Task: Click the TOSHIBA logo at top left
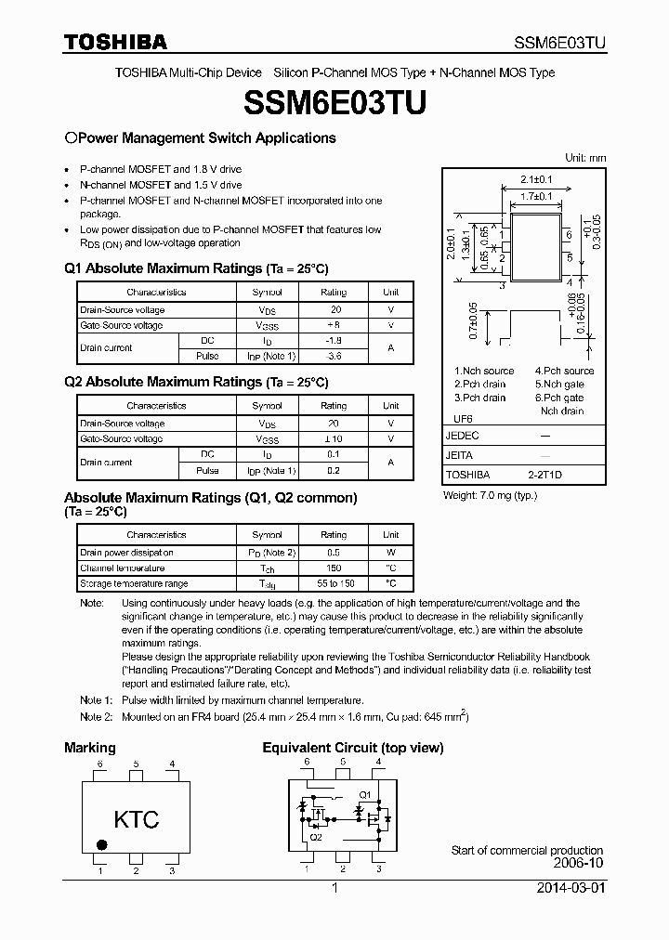point(116,42)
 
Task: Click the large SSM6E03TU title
point(334,103)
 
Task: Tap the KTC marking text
point(137,819)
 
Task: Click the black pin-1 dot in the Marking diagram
point(102,845)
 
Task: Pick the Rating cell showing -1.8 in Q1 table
point(334,341)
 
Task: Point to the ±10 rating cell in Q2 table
point(334,438)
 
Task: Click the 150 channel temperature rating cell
point(334,568)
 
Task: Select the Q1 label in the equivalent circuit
point(364,795)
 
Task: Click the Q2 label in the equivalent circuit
point(316,836)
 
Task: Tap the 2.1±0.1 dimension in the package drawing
point(536,179)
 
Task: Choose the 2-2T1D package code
point(545,474)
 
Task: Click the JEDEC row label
point(462,436)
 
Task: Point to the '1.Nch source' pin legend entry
point(484,371)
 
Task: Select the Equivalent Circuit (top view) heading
point(352,748)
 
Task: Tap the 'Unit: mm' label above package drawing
point(585,158)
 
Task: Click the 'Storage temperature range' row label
point(134,583)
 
